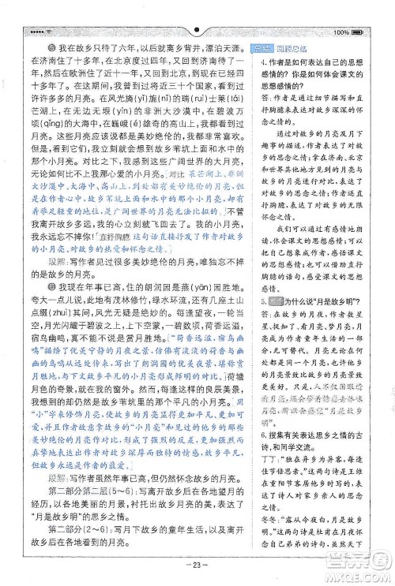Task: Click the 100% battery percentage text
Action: click(341, 32)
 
